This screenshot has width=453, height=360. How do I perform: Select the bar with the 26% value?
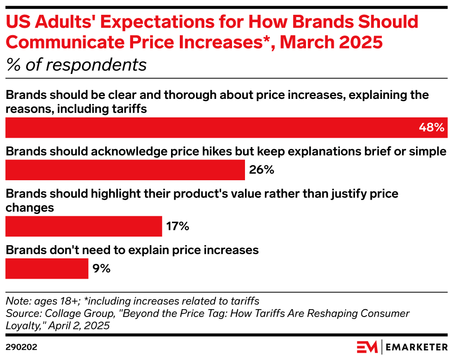[x=125, y=170]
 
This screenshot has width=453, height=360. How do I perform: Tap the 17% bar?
[x=84, y=226]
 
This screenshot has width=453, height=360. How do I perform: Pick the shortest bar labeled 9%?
[x=47, y=268]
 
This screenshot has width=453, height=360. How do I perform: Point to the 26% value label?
[x=262, y=170]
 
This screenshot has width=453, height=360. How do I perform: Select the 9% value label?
[x=101, y=268]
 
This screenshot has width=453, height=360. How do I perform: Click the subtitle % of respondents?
[x=76, y=65]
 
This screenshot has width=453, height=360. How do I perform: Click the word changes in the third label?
[x=30, y=207]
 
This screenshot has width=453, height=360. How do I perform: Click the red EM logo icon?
[x=367, y=346]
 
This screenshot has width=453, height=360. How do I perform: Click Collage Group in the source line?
[x=69, y=314]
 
